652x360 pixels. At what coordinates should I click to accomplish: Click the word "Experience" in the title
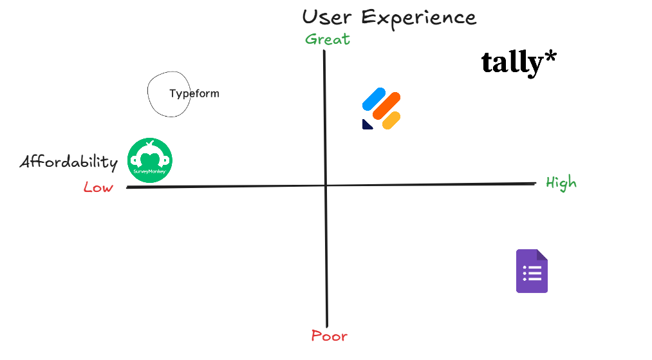click(x=419, y=17)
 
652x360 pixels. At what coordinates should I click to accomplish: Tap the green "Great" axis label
click(x=328, y=39)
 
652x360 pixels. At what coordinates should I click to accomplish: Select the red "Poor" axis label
click(x=329, y=336)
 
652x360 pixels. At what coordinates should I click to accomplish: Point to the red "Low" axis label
click(x=98, y=187)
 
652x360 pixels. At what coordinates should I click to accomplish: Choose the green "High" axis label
click(x=561, y=183)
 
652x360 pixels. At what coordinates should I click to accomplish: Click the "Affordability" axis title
click(x=69, y=162)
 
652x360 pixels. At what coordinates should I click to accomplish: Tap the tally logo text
click(x=512, y=62)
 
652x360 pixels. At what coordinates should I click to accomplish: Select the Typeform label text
click(x=194, y=94)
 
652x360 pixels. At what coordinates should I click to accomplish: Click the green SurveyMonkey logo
click(x=150, y=160)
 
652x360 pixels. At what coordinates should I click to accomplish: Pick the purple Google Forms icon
click(x=532, y=271)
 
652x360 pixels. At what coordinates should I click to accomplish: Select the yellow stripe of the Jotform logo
click(x=391, y=120)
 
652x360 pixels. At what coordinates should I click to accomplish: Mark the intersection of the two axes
click(x=326, y=185)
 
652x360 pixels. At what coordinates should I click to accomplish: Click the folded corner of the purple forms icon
click(x=542, y=254)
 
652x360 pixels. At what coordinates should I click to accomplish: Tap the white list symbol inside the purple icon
click(x=532, y=274)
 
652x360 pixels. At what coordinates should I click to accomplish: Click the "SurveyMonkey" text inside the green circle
click(x=150, y=172)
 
